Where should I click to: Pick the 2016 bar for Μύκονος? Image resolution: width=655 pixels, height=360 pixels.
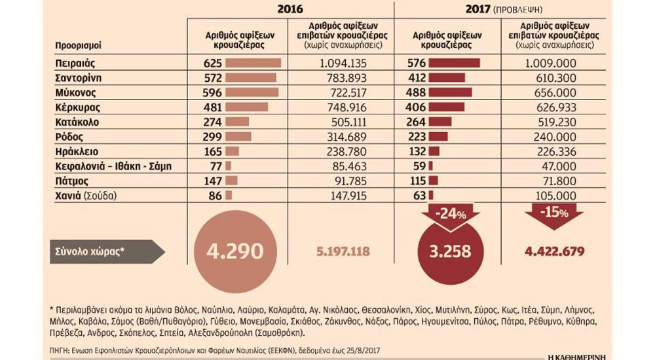tap(252, 92)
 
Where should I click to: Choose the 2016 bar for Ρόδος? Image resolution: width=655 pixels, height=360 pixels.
tap(238, 136)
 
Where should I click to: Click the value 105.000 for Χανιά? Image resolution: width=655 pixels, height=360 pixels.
tap(549, 194)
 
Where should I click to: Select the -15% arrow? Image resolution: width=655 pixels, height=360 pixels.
tap(548, 215)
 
